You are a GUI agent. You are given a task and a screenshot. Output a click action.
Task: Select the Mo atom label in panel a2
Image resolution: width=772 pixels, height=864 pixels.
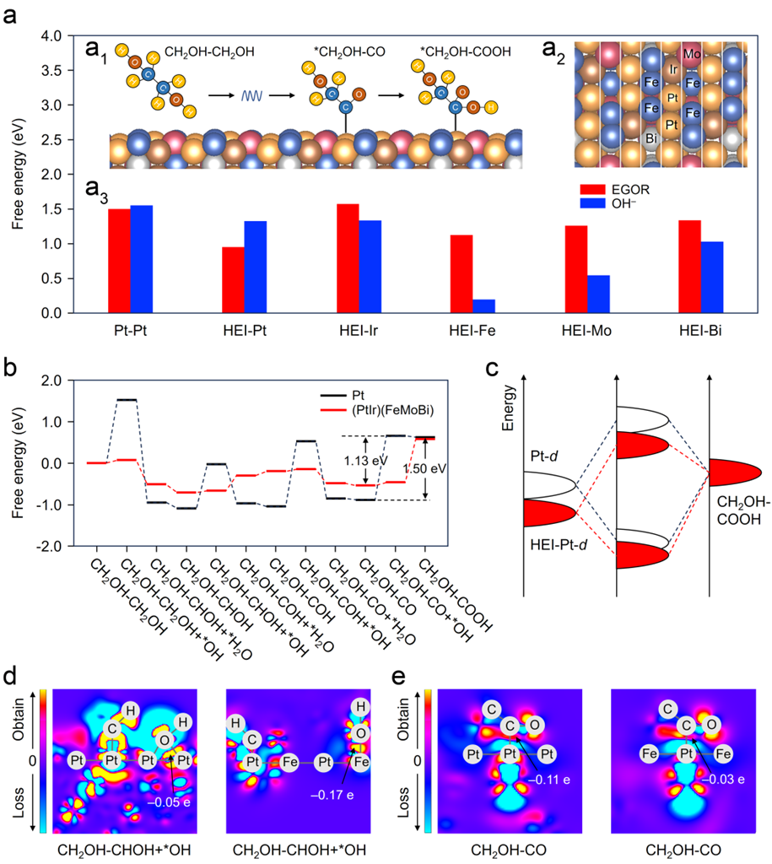692,54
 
